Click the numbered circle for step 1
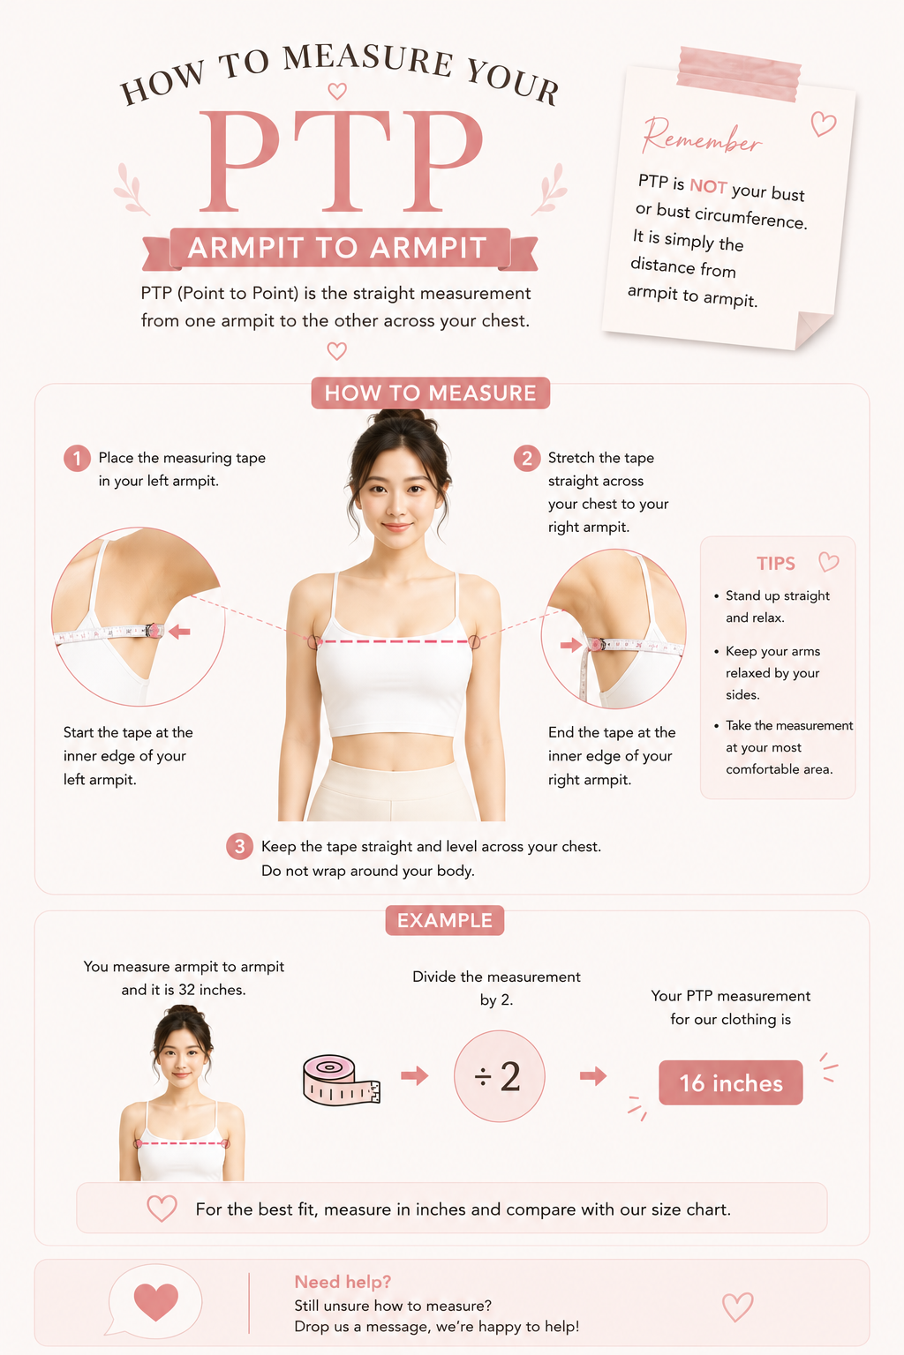[x=77, y=459]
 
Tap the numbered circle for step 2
[x=527, y=459]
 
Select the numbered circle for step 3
[x=240, y=846]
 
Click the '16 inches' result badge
[x=731, y=1082]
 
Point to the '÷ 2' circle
[x=500, y=1076]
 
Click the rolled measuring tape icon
[x=341, y=1080]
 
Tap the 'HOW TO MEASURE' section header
[x=431, y=393]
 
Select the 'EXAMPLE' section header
[x=445, y=920]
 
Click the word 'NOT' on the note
[x=708, y=186]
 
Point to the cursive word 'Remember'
[x=701, y=137]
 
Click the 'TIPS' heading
[x=776, y=564]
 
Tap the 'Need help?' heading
[x=343, y=1282]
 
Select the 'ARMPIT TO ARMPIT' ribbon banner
[x=340, y=248]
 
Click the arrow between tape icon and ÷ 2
[x=415, y=1075]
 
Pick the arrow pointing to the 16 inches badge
[x=593, y=1075]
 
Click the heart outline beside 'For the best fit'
[x=162, y=1209]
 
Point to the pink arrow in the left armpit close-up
[x=179, y=632]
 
